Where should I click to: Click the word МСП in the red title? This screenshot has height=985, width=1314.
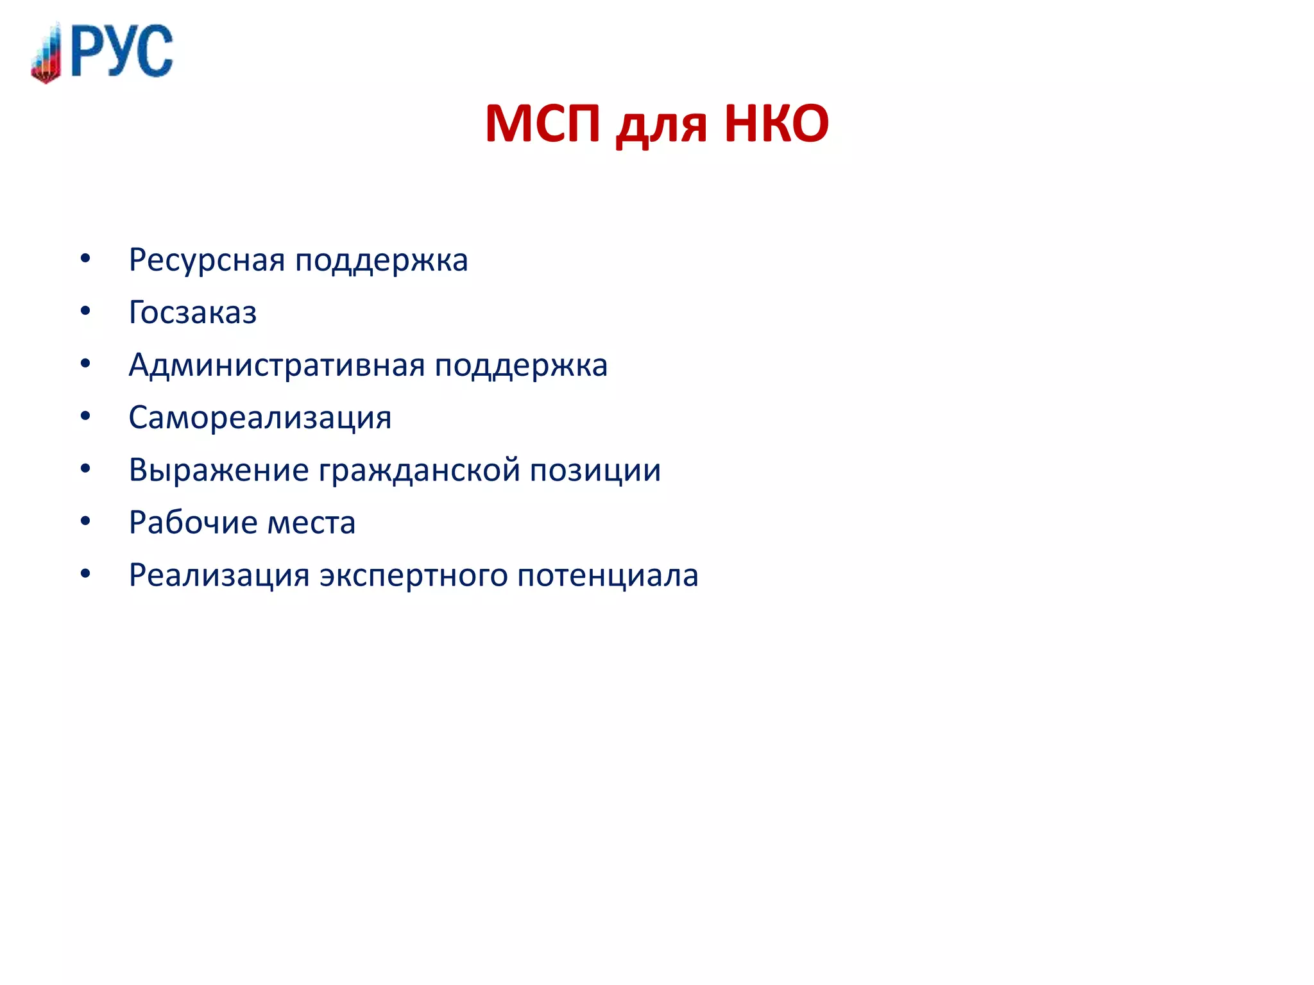point(543,123)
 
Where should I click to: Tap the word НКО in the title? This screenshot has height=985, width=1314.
point(776,123)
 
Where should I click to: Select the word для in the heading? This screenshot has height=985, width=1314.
point(661,126)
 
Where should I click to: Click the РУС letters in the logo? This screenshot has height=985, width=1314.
point(122,51)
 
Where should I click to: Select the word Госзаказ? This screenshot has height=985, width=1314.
point(192,313)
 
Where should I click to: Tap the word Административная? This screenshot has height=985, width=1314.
point(276,366)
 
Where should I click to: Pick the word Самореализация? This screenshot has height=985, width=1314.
point(260,418)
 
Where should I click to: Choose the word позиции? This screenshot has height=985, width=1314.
point(595,471)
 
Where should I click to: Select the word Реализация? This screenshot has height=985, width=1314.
point(219,575)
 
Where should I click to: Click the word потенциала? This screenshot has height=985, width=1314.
point(608,575)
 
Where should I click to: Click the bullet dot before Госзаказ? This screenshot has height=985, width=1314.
point(85,312)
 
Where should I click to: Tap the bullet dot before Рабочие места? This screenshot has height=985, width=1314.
point(85,521)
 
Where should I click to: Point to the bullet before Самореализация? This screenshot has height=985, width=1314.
point(85,417)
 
